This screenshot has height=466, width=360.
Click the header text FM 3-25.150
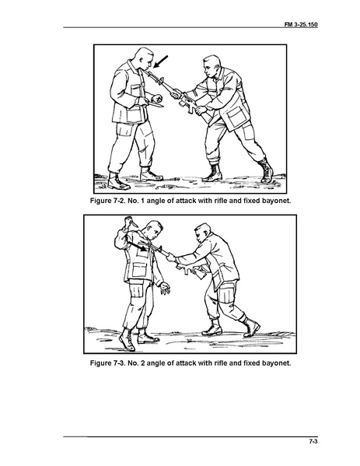click(x=301, y=24)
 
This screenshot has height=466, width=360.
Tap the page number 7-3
click(x=313, y=441)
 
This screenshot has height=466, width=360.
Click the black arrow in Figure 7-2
click(x=160, y=61)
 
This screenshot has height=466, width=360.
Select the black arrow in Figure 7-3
click(x=137, y=246)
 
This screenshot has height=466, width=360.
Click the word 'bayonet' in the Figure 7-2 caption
click(x=276, y=201)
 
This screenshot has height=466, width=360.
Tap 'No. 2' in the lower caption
click(x=136, y=363)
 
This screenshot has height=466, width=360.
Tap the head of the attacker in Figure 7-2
click(x=212, y=66)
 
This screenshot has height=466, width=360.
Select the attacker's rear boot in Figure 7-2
click(x=267, y=170)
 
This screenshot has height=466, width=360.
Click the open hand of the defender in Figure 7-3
click(x=165, y=289)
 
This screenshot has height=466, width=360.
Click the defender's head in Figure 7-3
click(x=154, y=231)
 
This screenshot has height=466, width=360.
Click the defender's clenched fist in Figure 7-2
click(x=157, y=98)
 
